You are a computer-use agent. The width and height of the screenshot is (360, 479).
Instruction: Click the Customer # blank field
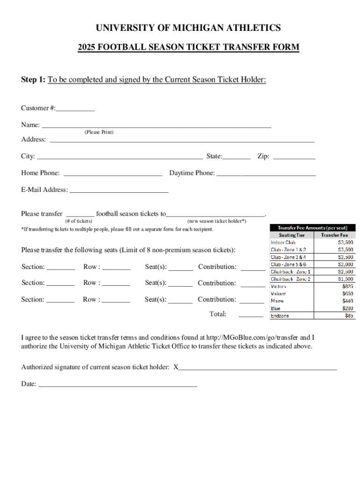(x=75, y=109)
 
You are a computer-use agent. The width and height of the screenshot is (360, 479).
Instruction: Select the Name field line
(x=157, y=125)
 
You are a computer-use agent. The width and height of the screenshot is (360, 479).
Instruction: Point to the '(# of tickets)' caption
(x=79, y=221)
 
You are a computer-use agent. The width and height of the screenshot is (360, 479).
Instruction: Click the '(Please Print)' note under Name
(x=99, y=132)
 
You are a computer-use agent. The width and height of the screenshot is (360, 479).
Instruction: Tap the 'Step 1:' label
(x=33, y=80)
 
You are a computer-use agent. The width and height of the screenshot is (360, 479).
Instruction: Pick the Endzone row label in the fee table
(x=280, y=316)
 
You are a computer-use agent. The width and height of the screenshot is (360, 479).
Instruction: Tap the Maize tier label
(x=277, y=301)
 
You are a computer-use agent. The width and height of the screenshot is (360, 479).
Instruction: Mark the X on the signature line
(x=176, y=367)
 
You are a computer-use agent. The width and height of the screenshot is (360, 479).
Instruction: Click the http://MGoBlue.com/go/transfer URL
(x=252, y=337)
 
